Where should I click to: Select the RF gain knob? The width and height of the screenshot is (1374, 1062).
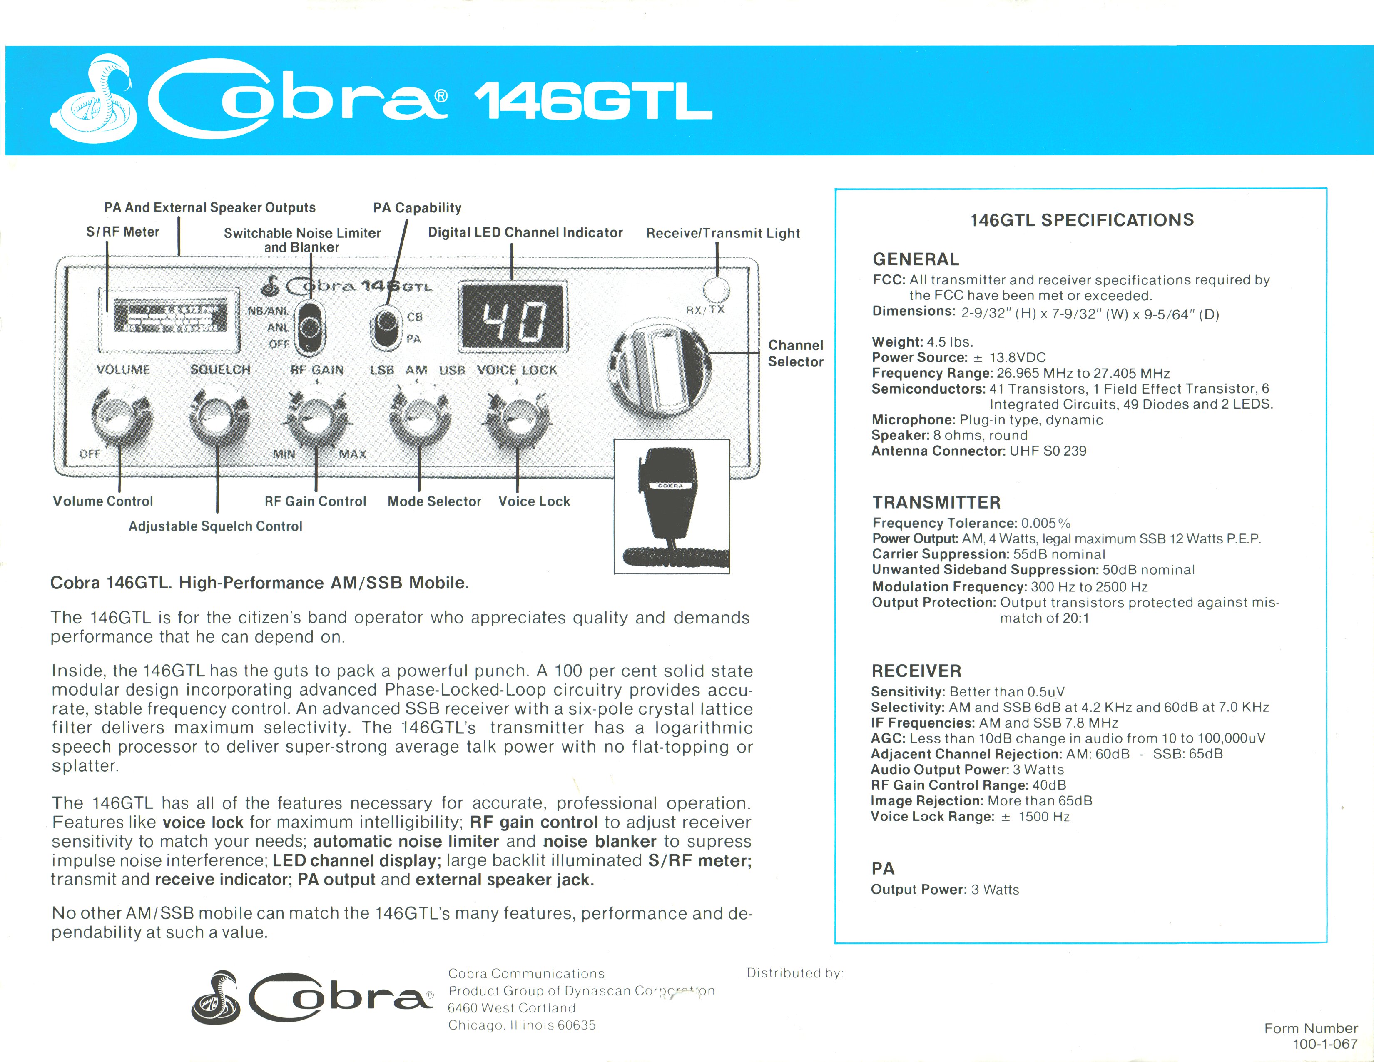[316, 418]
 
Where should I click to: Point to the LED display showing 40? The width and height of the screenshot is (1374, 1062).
[513, 316]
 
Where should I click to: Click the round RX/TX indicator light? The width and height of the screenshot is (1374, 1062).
[716, 290]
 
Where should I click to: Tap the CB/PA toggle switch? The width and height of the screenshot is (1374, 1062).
[385, 328]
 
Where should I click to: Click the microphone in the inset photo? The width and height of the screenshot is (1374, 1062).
[671, 497]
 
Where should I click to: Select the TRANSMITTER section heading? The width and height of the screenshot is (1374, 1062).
[936, 502]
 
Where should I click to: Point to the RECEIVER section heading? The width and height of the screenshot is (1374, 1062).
[916, 671]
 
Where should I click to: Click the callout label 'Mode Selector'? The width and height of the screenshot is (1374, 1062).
[434, 501]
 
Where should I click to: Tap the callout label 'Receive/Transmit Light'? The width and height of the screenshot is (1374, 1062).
[723, 233]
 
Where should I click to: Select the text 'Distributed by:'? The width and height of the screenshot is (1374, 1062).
[794, 973]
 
